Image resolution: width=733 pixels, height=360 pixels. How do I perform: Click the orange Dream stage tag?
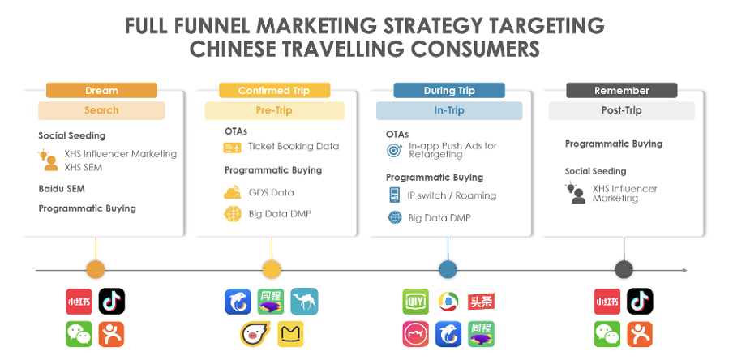coord(101,90)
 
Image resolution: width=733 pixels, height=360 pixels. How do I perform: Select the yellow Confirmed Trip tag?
coord(274,90)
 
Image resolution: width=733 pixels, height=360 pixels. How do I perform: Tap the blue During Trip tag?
coord(448,90)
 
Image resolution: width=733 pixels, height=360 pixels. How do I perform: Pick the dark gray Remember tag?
coord(622,90)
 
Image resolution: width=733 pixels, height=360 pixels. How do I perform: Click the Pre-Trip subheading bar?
coord(274,110)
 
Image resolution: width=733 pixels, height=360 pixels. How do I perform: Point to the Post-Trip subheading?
coord(621,110)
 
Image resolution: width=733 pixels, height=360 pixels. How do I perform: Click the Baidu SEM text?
coord(62,189)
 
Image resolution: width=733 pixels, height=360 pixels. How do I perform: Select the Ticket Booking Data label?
coord(294,146)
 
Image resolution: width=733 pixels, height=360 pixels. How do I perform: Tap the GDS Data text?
coord(271,192)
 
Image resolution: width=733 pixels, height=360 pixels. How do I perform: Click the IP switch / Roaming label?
coord(452,195)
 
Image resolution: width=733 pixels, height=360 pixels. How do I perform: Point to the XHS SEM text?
coord(83,167)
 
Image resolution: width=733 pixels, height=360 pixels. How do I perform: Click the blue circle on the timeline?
coord(448,270)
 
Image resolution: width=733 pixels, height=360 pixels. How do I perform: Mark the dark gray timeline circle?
coord(624,270)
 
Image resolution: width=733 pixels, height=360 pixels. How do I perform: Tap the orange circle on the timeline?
coord(96,270)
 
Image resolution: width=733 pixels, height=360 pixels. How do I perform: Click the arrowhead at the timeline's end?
coord(685,270)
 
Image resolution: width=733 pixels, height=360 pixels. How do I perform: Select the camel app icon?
coord(304,301)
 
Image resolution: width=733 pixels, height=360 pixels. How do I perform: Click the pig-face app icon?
coord(253,334)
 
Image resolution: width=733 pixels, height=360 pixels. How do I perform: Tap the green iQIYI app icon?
coord(416,302)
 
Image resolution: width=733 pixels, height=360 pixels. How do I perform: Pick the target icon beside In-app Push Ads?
coord(394,150)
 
